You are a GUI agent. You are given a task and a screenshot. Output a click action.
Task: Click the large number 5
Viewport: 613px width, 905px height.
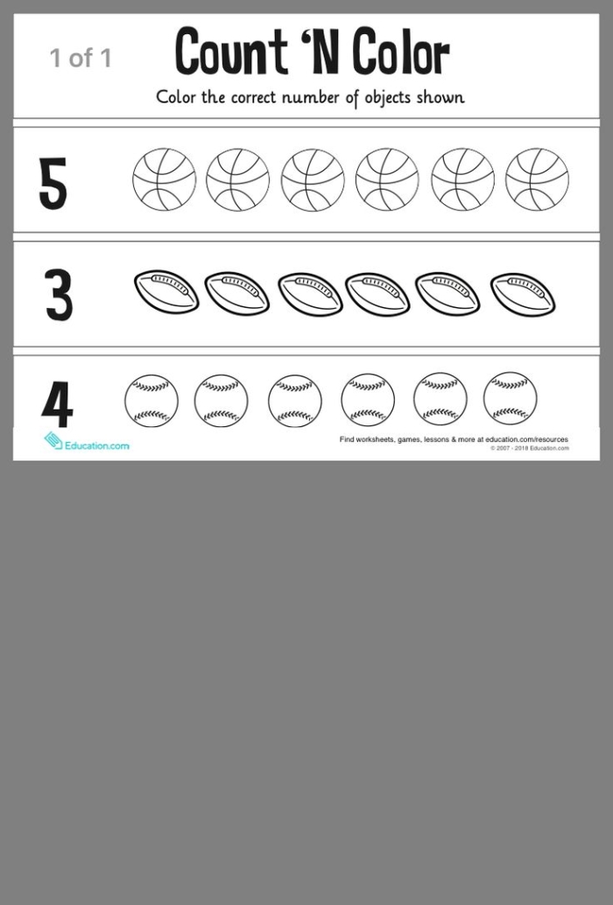tap(53, 183)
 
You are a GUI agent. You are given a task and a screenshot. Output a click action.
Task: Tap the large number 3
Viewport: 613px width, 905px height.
tap(59, 295)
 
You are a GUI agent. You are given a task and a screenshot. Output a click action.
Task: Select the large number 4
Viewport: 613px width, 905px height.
tap(57, 403)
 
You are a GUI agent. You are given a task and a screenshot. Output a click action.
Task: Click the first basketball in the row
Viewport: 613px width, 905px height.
tap(164, 179)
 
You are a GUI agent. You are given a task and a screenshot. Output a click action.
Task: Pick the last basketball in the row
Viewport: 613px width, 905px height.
tap(537, 179)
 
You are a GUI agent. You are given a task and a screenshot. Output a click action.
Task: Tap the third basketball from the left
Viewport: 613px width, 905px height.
tap(313, 179)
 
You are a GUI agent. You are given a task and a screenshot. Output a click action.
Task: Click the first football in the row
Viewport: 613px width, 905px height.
tap(166, 291)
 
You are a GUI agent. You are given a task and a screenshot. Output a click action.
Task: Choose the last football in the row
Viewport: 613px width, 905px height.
tap(523, 293)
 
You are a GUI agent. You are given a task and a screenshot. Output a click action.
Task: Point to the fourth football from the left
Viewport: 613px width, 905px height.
tap(377, 293)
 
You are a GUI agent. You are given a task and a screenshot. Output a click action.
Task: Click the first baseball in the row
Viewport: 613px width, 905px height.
tap(151, 402)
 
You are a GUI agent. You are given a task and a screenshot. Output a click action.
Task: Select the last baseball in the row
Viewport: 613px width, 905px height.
tap(511, 398)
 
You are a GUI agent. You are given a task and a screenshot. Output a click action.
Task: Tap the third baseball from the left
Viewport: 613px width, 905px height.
tap(295, 402)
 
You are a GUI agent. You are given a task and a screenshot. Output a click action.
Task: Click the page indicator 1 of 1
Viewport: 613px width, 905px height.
tap(81, 59)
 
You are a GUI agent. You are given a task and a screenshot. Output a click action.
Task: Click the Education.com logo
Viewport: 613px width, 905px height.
tap(87, 443)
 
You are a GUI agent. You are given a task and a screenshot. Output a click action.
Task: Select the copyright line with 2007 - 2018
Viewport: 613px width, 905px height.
tap(529, 448)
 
